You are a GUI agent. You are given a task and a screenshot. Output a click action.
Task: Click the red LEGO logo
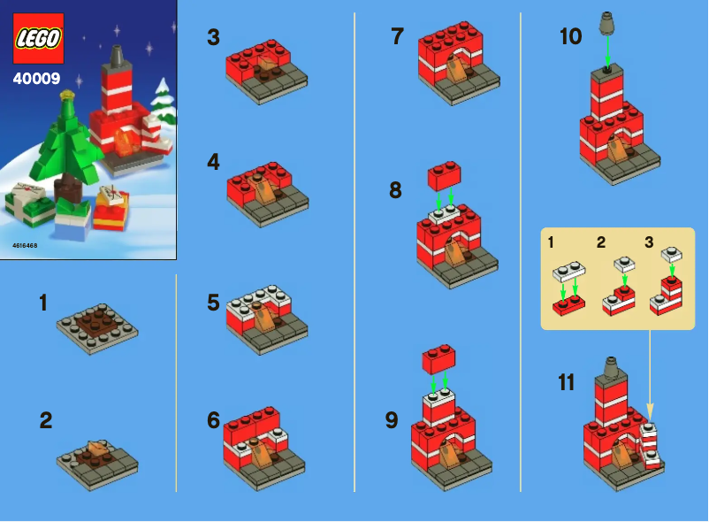(x=38, y=38)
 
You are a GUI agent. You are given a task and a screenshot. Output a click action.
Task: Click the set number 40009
(x=36, y=79)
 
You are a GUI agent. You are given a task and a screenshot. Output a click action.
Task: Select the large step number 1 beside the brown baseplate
(x=43, y=303)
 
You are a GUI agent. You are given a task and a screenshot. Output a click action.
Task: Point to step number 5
(x=213, y=303)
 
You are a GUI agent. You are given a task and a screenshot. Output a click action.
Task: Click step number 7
(x=397, y=37)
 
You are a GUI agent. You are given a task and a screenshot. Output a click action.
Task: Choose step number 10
(x=571, y=37)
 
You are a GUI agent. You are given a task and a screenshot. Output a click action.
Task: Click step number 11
(x=567, y=382)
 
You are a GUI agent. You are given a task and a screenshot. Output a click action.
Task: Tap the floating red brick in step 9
(x=439, y=358)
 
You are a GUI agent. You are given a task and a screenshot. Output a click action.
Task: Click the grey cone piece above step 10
(x=606, y=23)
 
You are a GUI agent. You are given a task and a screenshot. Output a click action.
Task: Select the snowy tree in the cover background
(x=163, y=102)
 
